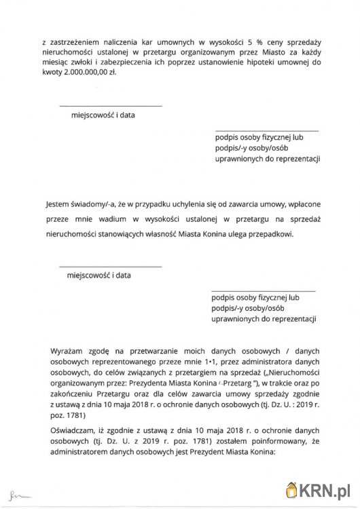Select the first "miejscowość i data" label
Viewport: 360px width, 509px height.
103,115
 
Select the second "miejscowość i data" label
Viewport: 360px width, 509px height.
99,276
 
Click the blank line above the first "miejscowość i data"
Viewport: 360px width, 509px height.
111,106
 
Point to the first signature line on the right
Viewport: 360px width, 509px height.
266,130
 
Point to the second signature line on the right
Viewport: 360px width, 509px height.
263,290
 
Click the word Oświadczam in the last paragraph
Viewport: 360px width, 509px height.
73,431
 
